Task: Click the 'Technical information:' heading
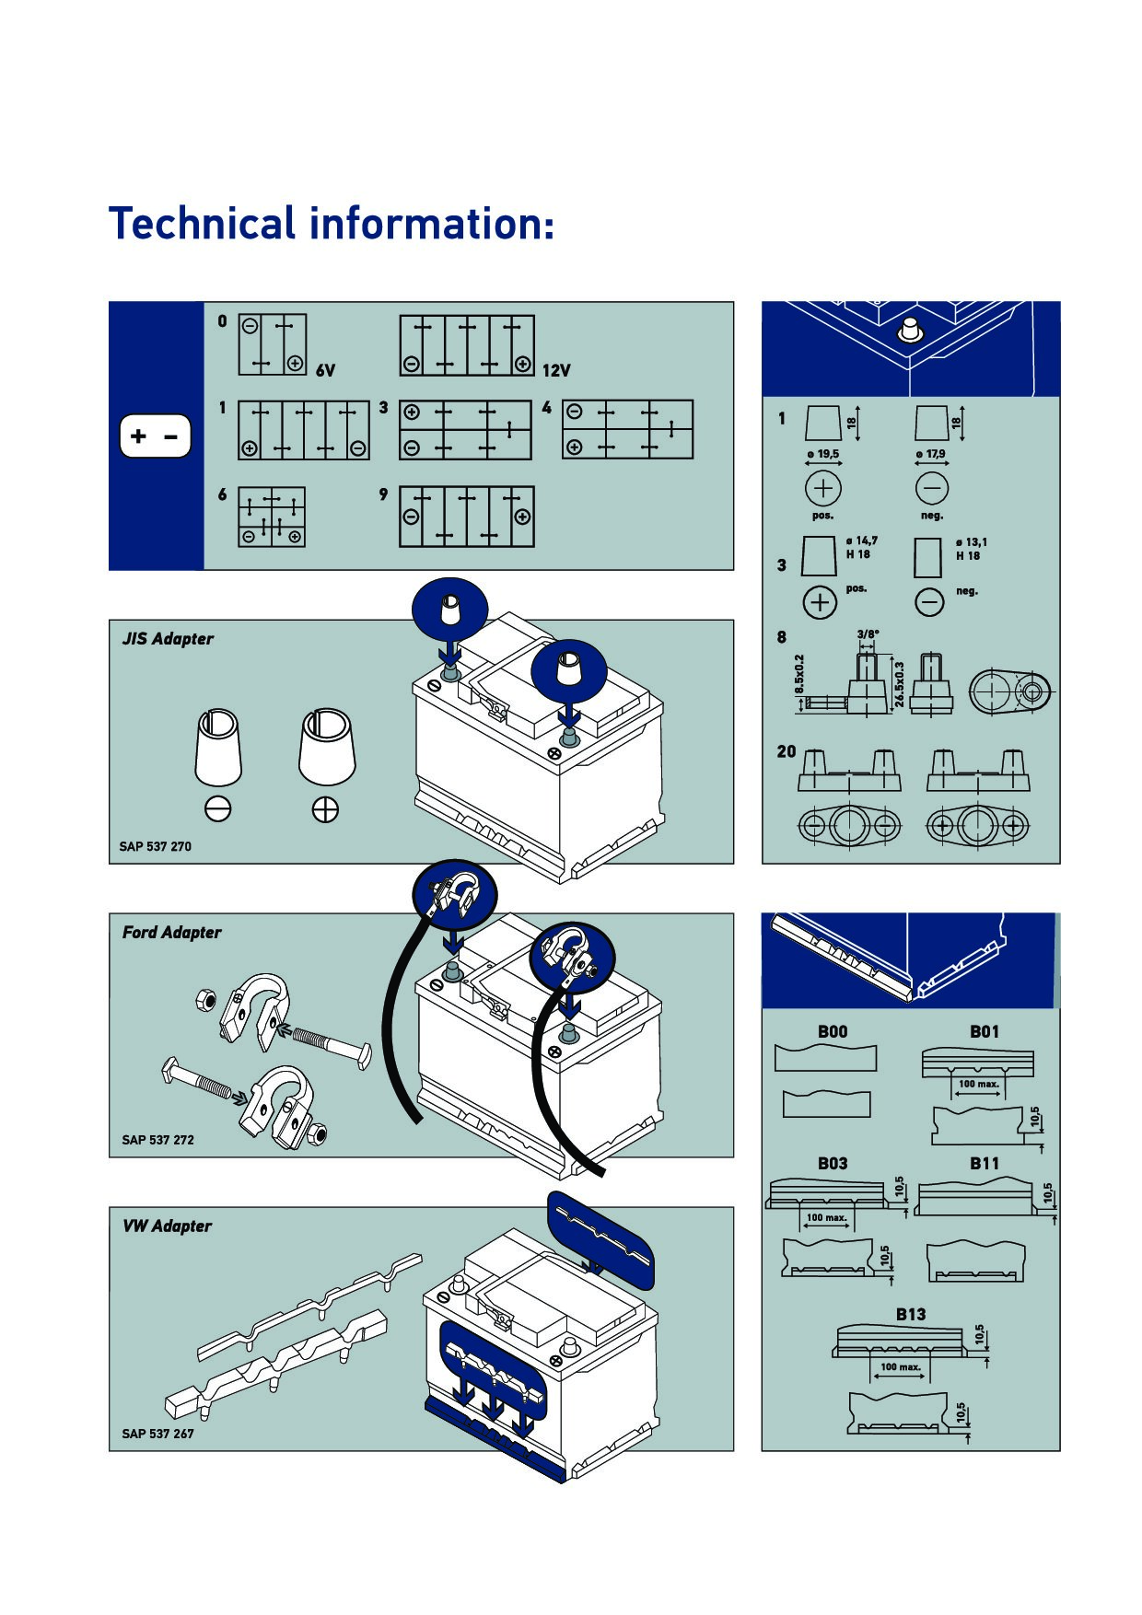tap(332, 224)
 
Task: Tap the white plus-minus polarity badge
tap(155, 436)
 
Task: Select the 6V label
tap(325, 370)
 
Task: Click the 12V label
tap(556, 370)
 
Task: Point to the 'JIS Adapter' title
tap(168, 638)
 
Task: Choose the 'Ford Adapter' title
tap(172, 932)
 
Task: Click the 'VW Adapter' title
tap(167, 1226)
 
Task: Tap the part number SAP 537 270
tap(155, 846)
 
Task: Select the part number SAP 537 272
tap(157, 1140)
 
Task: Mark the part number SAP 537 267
tap(157, 1434)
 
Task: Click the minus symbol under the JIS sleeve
tap(218, 808)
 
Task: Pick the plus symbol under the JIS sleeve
tap(325, 809)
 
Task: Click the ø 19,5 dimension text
tap(823, 454)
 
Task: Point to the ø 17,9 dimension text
tap(930, 454)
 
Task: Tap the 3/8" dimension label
tap(868, 634)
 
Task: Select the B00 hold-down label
tap(833, 1032)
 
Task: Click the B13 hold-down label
tap(911, 1314)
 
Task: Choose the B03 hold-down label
tap(833, 1164)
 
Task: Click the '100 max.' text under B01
tap(978, 1084)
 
